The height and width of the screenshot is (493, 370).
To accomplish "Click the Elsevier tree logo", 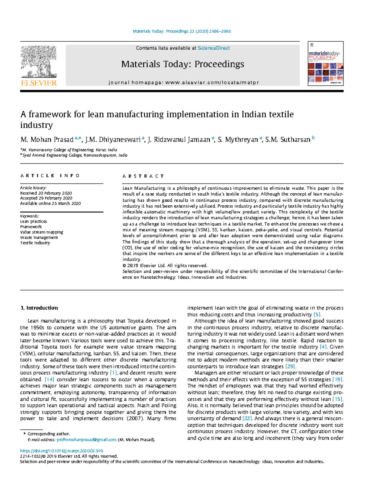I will click(39, 62).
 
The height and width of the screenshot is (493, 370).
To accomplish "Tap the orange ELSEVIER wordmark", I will click(39, 83).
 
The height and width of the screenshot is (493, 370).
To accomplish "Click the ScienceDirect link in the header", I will click(214, 48).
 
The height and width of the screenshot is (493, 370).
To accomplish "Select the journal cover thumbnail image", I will click(326, 64).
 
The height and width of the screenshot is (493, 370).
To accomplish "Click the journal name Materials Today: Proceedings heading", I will click(183, 64).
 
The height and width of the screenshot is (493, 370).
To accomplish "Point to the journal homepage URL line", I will click(183, 83).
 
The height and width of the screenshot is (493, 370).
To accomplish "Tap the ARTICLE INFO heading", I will click(50, 176).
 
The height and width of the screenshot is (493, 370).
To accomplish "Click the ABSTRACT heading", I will click(143, 176).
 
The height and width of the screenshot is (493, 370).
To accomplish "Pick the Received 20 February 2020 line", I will click(46, 193).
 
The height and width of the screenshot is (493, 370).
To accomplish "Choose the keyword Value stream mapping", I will click(42, 232).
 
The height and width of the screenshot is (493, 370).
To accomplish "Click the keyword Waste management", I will click(39, 237).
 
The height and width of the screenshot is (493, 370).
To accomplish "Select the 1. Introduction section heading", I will click(39, 308).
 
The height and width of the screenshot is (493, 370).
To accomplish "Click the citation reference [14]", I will click(49, 380).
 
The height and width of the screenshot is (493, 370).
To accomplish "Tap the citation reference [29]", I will click(290, 366).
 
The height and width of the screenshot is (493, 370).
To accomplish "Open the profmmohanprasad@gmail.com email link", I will click(87, 440).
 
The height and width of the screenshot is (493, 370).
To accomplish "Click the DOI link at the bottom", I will click(61, 451).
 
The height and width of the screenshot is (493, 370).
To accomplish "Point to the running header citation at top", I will click(182, 31).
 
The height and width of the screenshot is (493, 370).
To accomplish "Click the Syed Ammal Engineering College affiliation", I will click(75, 155).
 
